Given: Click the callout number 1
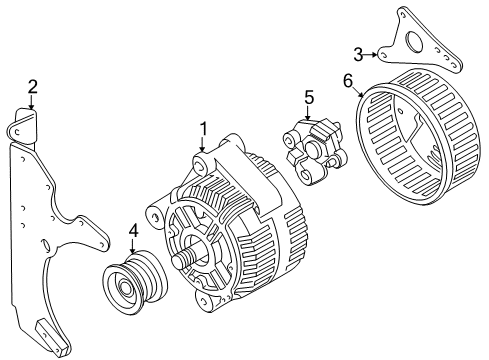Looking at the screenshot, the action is pos(203,128).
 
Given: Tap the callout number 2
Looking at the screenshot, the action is pos(32,87).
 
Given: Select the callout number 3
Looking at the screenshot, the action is pos(358,53).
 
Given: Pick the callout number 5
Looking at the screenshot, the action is pos(310,98).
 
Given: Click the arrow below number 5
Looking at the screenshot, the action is pos(310,113).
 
